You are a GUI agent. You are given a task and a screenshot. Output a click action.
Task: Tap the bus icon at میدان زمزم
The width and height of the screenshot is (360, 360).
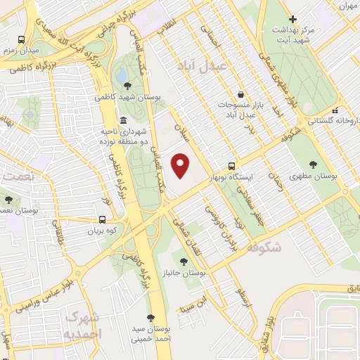[x=22, y=40]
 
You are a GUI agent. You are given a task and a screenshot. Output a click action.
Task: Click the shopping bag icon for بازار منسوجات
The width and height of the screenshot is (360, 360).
[x=241, y=94]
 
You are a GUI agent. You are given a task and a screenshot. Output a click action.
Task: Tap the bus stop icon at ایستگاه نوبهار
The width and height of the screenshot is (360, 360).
[x=251, y=166]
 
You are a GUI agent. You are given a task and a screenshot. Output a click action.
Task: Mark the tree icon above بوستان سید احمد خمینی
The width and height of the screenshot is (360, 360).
[x=150, y=318]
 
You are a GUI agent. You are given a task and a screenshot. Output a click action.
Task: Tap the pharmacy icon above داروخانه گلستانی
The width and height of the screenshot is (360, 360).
[x=337, y=110]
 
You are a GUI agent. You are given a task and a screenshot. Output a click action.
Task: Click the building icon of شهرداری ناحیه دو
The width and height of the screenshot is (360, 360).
[x=124, y=120]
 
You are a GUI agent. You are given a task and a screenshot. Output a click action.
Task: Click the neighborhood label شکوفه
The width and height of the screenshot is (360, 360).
[x=264, y=247]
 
